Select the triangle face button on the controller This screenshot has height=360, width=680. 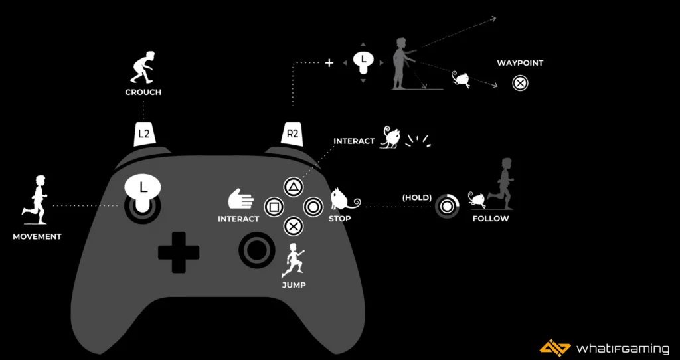(x=293, y=187)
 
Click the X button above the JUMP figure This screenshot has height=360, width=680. (x=293, y=226)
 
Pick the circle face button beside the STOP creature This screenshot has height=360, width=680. (x=313, y=207)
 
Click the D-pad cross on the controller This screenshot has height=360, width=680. (x=179, y=252)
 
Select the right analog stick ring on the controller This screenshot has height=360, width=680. (x=256, y=250)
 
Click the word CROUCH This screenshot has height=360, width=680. (x=143, y=92)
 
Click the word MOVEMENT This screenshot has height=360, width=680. (x=37, y=236)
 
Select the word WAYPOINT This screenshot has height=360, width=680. (x=520, y=63)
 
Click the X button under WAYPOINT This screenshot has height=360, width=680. (x=521, y=84)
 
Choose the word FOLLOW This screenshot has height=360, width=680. (x=491, y=219)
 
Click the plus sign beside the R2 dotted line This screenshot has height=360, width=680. (x=329, y=63)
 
